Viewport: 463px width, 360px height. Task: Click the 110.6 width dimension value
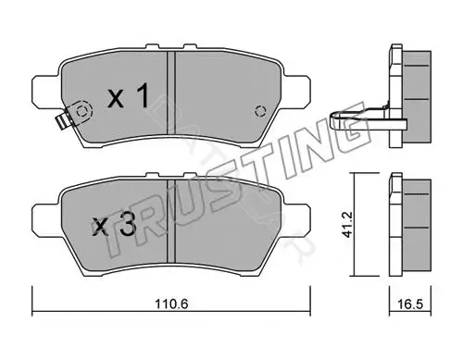171,304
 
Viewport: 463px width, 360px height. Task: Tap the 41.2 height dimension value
348,224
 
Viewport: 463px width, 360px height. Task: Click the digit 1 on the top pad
142,96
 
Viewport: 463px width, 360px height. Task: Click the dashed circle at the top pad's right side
260,111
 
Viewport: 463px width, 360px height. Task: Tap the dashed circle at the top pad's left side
81,111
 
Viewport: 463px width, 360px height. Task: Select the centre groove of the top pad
171,93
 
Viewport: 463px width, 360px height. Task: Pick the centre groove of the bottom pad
171,220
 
